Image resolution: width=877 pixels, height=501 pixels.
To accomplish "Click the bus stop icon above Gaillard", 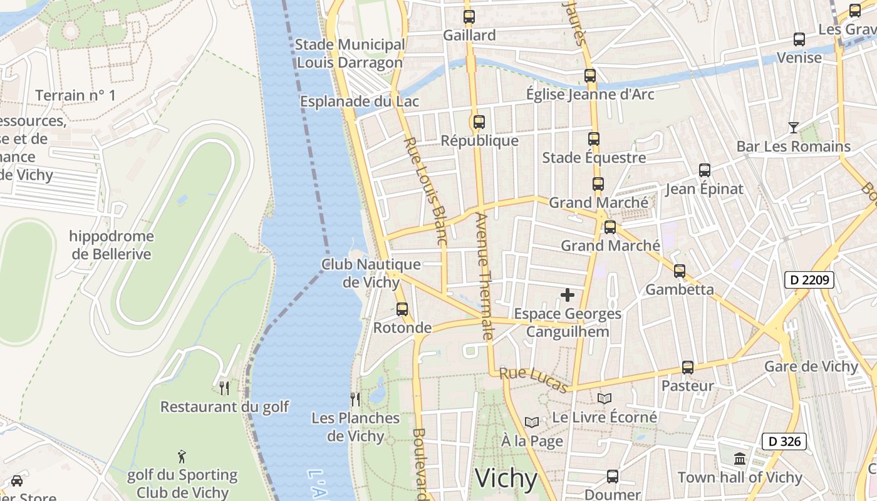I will (x=469, y=17).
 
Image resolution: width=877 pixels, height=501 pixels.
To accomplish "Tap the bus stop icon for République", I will (x=479, y=122).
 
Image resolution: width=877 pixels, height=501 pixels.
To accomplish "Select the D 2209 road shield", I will (x=809, y=280).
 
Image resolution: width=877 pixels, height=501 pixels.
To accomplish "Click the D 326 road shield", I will (x=784, y=441).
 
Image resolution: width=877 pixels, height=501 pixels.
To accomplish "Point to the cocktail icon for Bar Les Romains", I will (x=794, y=128).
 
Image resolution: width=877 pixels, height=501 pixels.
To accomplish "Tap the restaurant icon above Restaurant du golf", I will (x=224, y=388).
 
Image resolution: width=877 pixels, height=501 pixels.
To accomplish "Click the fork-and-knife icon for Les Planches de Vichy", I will (x=355, y=399).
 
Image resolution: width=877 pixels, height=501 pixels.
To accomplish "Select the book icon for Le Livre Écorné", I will (x=605, y=398).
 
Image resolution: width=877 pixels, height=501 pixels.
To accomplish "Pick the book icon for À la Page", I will (x=532, y=423).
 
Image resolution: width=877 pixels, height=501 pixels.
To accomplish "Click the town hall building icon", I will (x=740, y=459).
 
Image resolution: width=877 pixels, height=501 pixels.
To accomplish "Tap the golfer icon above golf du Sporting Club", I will (x=182, y=456).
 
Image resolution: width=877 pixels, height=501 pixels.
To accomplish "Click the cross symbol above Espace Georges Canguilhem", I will (x=568, y=295).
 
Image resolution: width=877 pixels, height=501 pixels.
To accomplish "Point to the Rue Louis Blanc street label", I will (x=425, y=190).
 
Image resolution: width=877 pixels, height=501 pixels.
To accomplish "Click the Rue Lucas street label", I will (x=534, y=380).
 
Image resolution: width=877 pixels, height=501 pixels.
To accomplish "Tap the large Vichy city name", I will (x=506, y=478).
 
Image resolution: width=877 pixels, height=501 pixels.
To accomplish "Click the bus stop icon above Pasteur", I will (x=688, y=368).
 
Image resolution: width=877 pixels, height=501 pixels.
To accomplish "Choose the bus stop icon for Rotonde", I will (x=402, y=309).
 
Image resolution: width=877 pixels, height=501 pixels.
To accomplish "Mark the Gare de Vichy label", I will (x=811, y=366).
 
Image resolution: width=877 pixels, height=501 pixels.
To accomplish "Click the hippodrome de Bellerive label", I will (x=112, y=245).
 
